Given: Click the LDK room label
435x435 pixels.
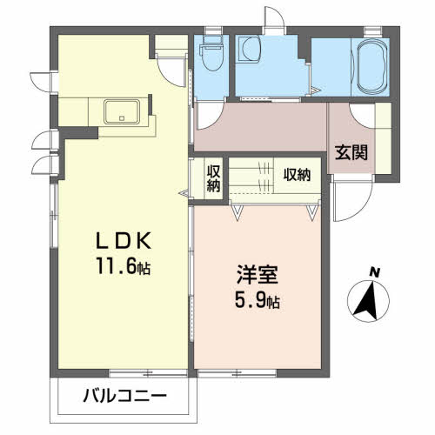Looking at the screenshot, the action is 124,241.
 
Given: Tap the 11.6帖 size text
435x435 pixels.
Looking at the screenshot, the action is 124,265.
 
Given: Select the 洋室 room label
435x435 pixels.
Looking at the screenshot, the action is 258,274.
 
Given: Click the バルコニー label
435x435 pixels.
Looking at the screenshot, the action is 125,396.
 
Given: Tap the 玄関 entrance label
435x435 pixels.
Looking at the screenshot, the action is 351,152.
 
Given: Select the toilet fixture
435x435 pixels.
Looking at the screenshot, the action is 213,53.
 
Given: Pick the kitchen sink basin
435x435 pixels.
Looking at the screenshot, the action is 122,111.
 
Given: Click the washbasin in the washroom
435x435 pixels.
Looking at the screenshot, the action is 251,50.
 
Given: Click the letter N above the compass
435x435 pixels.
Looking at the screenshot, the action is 375,272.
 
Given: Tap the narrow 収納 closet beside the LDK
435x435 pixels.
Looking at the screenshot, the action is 213,178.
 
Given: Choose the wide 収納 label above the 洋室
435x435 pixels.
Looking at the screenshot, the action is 298,175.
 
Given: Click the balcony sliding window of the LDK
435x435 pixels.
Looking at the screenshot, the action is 148,373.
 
